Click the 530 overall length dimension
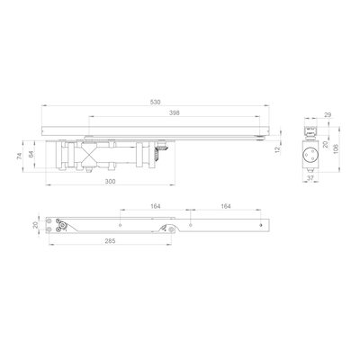[156, 103]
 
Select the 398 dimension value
[175, 112]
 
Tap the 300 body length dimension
[110, 182]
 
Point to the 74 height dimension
[20, 156]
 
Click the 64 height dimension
[31, 154]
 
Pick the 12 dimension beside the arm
[277, 149]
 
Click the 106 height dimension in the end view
[336, 148]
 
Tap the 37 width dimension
[310, 178]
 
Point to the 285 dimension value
[110, 240]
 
